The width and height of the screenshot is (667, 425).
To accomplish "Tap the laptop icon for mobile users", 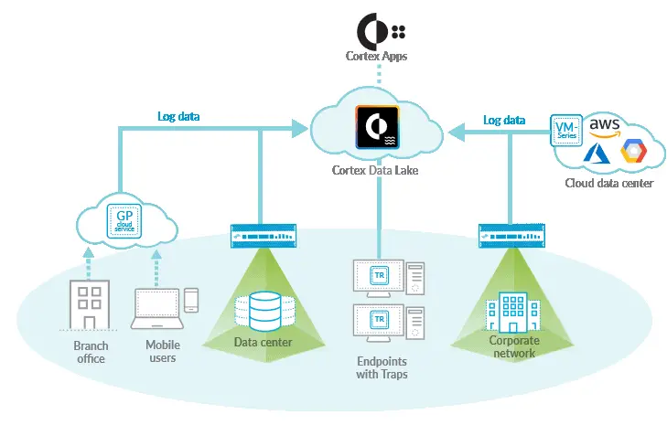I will tap(155, 309).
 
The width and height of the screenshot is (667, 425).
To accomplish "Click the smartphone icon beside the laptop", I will tap(190, 301).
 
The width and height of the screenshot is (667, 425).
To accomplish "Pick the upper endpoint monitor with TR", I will tap(376, 276).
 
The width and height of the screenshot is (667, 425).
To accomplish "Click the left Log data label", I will tap(178, 116).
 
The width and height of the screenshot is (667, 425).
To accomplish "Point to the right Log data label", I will tap(504, 120).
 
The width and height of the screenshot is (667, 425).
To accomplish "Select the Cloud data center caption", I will tap(608, 183).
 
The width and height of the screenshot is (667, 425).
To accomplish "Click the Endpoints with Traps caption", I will tap(382, 367).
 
